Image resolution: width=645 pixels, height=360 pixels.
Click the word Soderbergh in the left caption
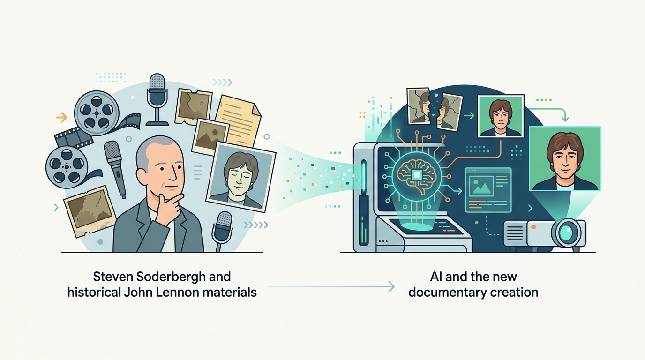[171, 277]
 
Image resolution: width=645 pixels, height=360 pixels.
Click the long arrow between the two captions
[331, 286]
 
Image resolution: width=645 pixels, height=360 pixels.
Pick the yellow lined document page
[239, 120]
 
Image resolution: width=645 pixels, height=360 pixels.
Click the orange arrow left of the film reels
[61, 117]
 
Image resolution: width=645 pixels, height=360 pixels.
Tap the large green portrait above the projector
[565, 158]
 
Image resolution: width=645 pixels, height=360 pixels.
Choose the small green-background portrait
[501, 116]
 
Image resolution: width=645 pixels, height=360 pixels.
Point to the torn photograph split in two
[434, 109]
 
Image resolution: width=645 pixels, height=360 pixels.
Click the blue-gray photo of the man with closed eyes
[241, 177]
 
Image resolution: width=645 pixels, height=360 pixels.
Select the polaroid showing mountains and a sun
[210, 136]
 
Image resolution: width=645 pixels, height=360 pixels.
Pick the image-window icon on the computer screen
[488, 190]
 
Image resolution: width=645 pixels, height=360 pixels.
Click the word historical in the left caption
[94, 292]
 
